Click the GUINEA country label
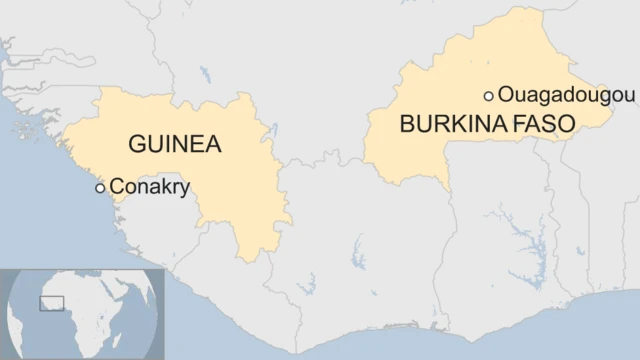(174, 145)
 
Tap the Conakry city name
(149, 186)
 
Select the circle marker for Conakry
(100, 188)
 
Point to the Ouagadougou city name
(566, 95)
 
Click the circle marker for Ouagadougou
(488, 96)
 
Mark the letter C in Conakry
(116, 186)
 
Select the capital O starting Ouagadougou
(506, 95)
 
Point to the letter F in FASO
(526, 126)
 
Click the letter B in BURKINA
(406, 126)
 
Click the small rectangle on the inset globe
(50, 302)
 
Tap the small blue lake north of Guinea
(204, 74)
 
